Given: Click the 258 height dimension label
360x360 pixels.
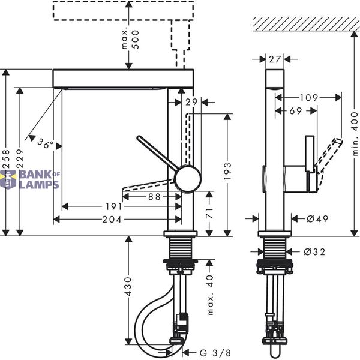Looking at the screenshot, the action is pos(6,158).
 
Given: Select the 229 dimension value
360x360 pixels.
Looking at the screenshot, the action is pos(20,158).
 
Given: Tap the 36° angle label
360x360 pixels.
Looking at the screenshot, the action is pos(45,143).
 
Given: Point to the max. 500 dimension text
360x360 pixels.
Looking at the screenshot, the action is pos(130,39).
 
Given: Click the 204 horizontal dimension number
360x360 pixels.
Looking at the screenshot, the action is pos(112,220).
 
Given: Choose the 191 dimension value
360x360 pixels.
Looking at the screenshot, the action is pos(114,206).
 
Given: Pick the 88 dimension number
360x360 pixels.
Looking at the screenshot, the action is pos(154,197).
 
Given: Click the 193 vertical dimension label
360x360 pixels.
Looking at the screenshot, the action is pos(227,171).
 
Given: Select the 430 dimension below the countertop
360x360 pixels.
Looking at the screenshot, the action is pos(128,287).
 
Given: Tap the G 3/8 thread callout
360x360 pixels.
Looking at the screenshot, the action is pos(215,353).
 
